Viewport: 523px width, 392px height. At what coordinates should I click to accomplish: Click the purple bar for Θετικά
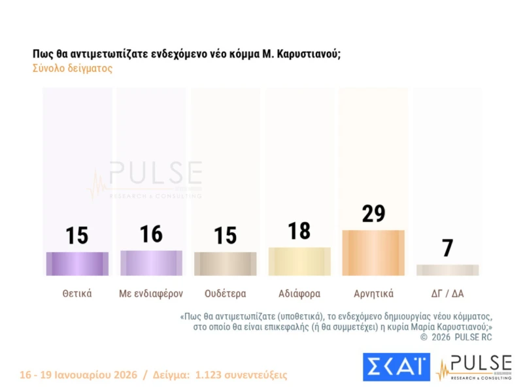coord(77,263)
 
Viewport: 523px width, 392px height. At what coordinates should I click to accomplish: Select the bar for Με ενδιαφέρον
coord(151,263)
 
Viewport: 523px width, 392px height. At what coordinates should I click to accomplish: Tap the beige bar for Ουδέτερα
coord(226,263)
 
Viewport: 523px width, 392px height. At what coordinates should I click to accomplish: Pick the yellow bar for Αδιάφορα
coord(299,261)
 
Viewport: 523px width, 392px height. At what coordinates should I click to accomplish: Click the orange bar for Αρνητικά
coord(373,253)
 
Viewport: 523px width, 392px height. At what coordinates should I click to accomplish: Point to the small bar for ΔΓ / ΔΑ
coord(448,270)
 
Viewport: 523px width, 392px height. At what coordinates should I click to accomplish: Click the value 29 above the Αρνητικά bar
coord(373,214)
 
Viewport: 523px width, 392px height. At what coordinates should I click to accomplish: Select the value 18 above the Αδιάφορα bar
coord(299,231)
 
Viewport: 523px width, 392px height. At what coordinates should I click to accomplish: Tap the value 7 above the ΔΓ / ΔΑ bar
coord(448,248)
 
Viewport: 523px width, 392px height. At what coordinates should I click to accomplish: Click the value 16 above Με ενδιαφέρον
coord(151,234)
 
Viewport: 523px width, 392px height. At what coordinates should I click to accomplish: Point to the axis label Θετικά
coord(77,293)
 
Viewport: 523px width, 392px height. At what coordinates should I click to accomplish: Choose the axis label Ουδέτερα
coord(226,293)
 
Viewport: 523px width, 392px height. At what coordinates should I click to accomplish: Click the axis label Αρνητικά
coord(373,293)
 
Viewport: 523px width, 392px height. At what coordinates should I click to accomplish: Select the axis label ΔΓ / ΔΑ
coord(448,293)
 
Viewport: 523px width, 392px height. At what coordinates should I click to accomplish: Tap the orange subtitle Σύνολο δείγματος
coord(73,69)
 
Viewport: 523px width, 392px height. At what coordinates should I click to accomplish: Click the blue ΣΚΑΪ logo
coord(396,367)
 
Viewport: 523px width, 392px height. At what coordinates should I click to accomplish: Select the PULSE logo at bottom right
coord(474,367)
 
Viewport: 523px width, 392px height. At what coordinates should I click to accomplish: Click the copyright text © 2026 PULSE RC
coord(456,337)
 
